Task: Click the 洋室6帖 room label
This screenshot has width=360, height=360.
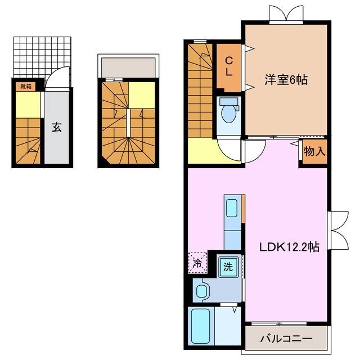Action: (286, 80)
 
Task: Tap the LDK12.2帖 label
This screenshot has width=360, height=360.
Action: (289, 246)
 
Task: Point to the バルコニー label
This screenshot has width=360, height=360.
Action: (286, 339)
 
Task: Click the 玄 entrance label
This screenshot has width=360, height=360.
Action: (57, 127)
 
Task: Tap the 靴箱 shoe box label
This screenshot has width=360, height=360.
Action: (26, 86)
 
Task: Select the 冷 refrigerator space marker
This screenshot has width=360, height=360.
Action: (197, 262)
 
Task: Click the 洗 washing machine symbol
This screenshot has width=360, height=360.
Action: (227, 266)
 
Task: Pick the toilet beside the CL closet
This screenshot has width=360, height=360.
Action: (228, 111)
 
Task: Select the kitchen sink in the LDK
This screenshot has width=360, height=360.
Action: (232, 208)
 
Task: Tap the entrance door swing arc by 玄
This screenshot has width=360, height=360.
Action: (54, 80)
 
